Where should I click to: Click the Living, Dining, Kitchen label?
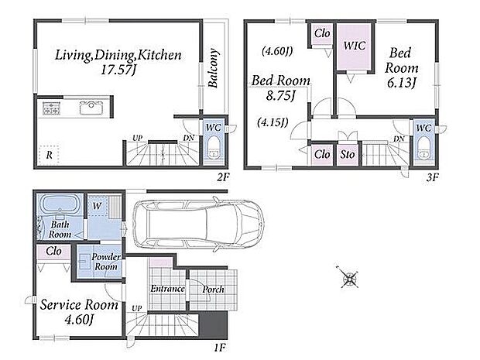(x=118, y=55)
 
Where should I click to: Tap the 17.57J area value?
(x=118, y=70)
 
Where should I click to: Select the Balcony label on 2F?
(x=213, y=68)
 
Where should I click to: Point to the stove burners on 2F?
(x=51, y=108)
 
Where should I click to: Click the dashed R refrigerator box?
(x=49, y=155)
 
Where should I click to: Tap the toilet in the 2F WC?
(x=214, y=148)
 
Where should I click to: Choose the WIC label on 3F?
(x=354, y=46)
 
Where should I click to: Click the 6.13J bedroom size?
(x=401, y=83)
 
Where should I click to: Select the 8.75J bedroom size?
(x=280, y=96)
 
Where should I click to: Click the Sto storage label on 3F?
(x=348, y=154)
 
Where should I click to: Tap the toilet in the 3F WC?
(x=424, y=148)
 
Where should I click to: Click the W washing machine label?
(x=97, y=206)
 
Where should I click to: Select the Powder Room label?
(x=106, y=262)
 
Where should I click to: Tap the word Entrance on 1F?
(x=167, y=289)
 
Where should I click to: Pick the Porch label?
(x=214, y=289)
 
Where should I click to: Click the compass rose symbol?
(x=349, y=278)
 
